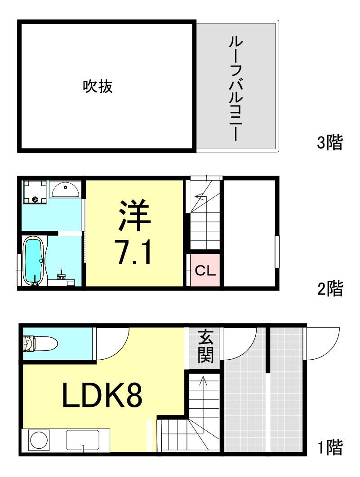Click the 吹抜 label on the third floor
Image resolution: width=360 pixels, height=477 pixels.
98,86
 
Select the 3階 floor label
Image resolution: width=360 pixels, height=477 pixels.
330,143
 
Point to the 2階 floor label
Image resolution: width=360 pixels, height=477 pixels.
330,289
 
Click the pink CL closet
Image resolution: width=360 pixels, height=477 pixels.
205,271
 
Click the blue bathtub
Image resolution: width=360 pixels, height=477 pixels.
33,261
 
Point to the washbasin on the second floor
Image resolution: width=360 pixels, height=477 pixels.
66,189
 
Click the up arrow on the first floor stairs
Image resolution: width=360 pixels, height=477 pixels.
203,382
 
